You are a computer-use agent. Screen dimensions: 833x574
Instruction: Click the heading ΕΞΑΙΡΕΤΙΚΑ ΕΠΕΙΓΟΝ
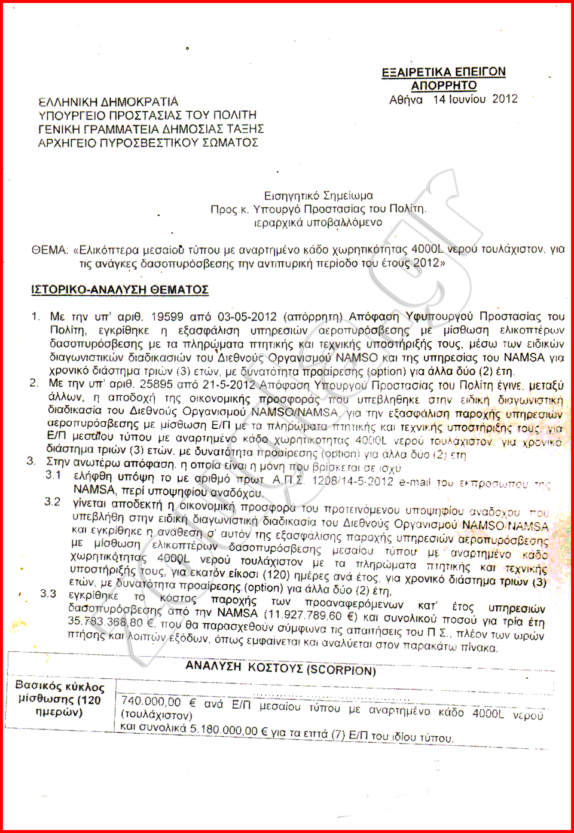pyautogui.click(x=444, y=72)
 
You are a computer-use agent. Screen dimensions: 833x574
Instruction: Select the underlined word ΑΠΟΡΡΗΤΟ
pyautogui.click(x=444, y=85)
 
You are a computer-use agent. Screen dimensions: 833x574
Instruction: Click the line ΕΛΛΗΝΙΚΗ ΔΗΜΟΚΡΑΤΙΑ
pyautogui.click(x=108, y=102)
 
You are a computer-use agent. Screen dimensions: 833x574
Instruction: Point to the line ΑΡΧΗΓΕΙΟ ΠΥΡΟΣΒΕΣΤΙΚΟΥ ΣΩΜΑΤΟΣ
pyautogui.click(x=148, y=143)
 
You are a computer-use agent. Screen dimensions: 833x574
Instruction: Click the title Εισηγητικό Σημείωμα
pyautogui.click(x=319, y=195)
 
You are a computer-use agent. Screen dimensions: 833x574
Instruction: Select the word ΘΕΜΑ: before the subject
pyautogui.click(x=50, y=250)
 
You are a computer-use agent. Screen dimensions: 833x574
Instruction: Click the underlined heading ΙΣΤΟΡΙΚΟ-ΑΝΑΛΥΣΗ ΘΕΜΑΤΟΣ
pyautogui.click(x=120, y=290)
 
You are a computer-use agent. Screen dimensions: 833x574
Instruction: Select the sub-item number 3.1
pyautogui.click(x=53, y=475)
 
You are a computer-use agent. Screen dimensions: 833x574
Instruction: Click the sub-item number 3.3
pyautogui.click(x=48, y=593)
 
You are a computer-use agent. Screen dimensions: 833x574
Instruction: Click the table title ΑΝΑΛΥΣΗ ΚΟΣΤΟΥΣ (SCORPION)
pyautogui.click(x=280, y=668)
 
